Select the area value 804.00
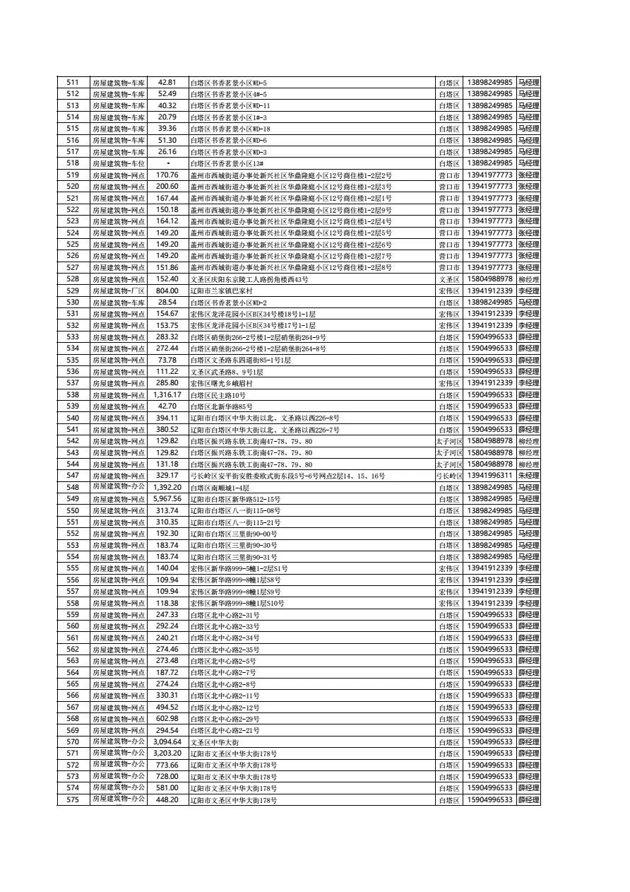pos(167,291)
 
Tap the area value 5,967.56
pos(167,499)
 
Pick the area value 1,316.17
pos(167,394)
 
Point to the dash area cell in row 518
pos(167,163)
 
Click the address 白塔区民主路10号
pos(218,395)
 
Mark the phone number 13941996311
pos(489,476)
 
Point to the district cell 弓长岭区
pos(448,476)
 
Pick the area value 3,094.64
pos(167,742)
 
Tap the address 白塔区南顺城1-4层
pos(220,488)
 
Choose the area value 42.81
pos(167,83)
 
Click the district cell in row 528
pos(448,279)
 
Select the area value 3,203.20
pos(167,753)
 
